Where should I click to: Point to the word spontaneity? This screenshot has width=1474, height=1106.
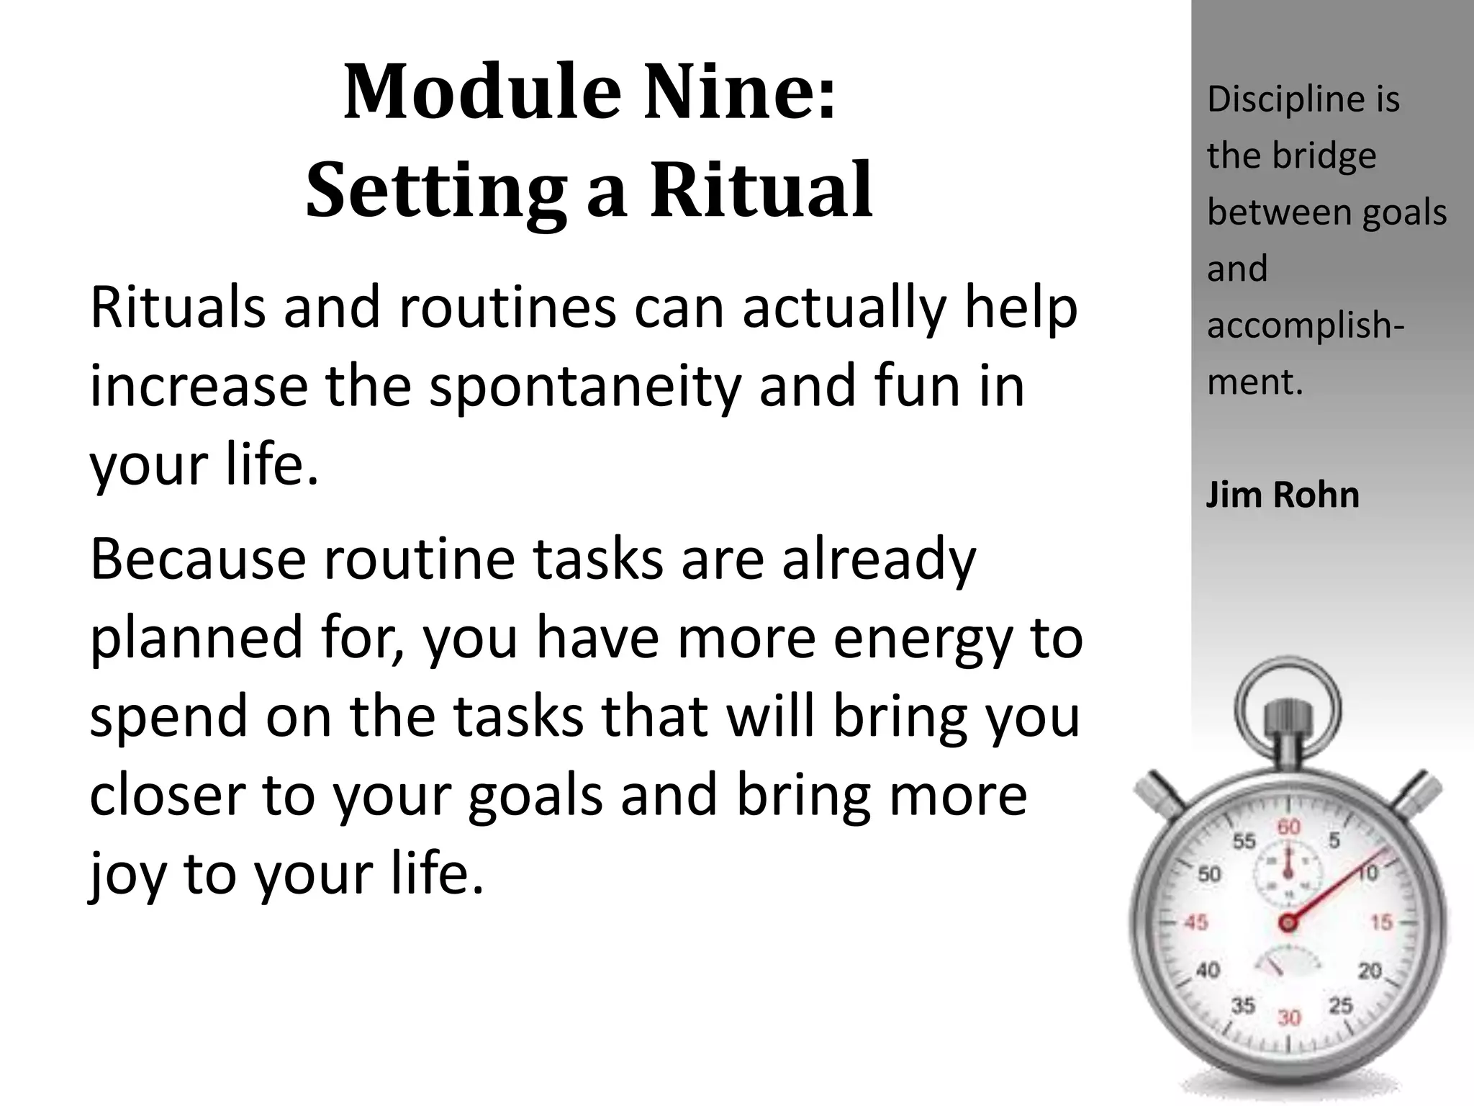point(584,386)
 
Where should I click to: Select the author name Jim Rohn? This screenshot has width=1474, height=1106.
point(1283,495)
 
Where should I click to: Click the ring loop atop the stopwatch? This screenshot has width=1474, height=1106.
point(1288,706)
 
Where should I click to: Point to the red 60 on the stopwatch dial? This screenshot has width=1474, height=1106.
point(1288,827)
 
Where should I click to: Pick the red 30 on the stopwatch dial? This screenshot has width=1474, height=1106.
point(1289,1017)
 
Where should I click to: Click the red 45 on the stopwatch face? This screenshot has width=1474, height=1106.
point(1195,922)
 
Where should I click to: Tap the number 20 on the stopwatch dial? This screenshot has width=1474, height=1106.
point(1370,971)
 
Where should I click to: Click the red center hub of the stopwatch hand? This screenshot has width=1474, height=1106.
point(1288,922)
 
